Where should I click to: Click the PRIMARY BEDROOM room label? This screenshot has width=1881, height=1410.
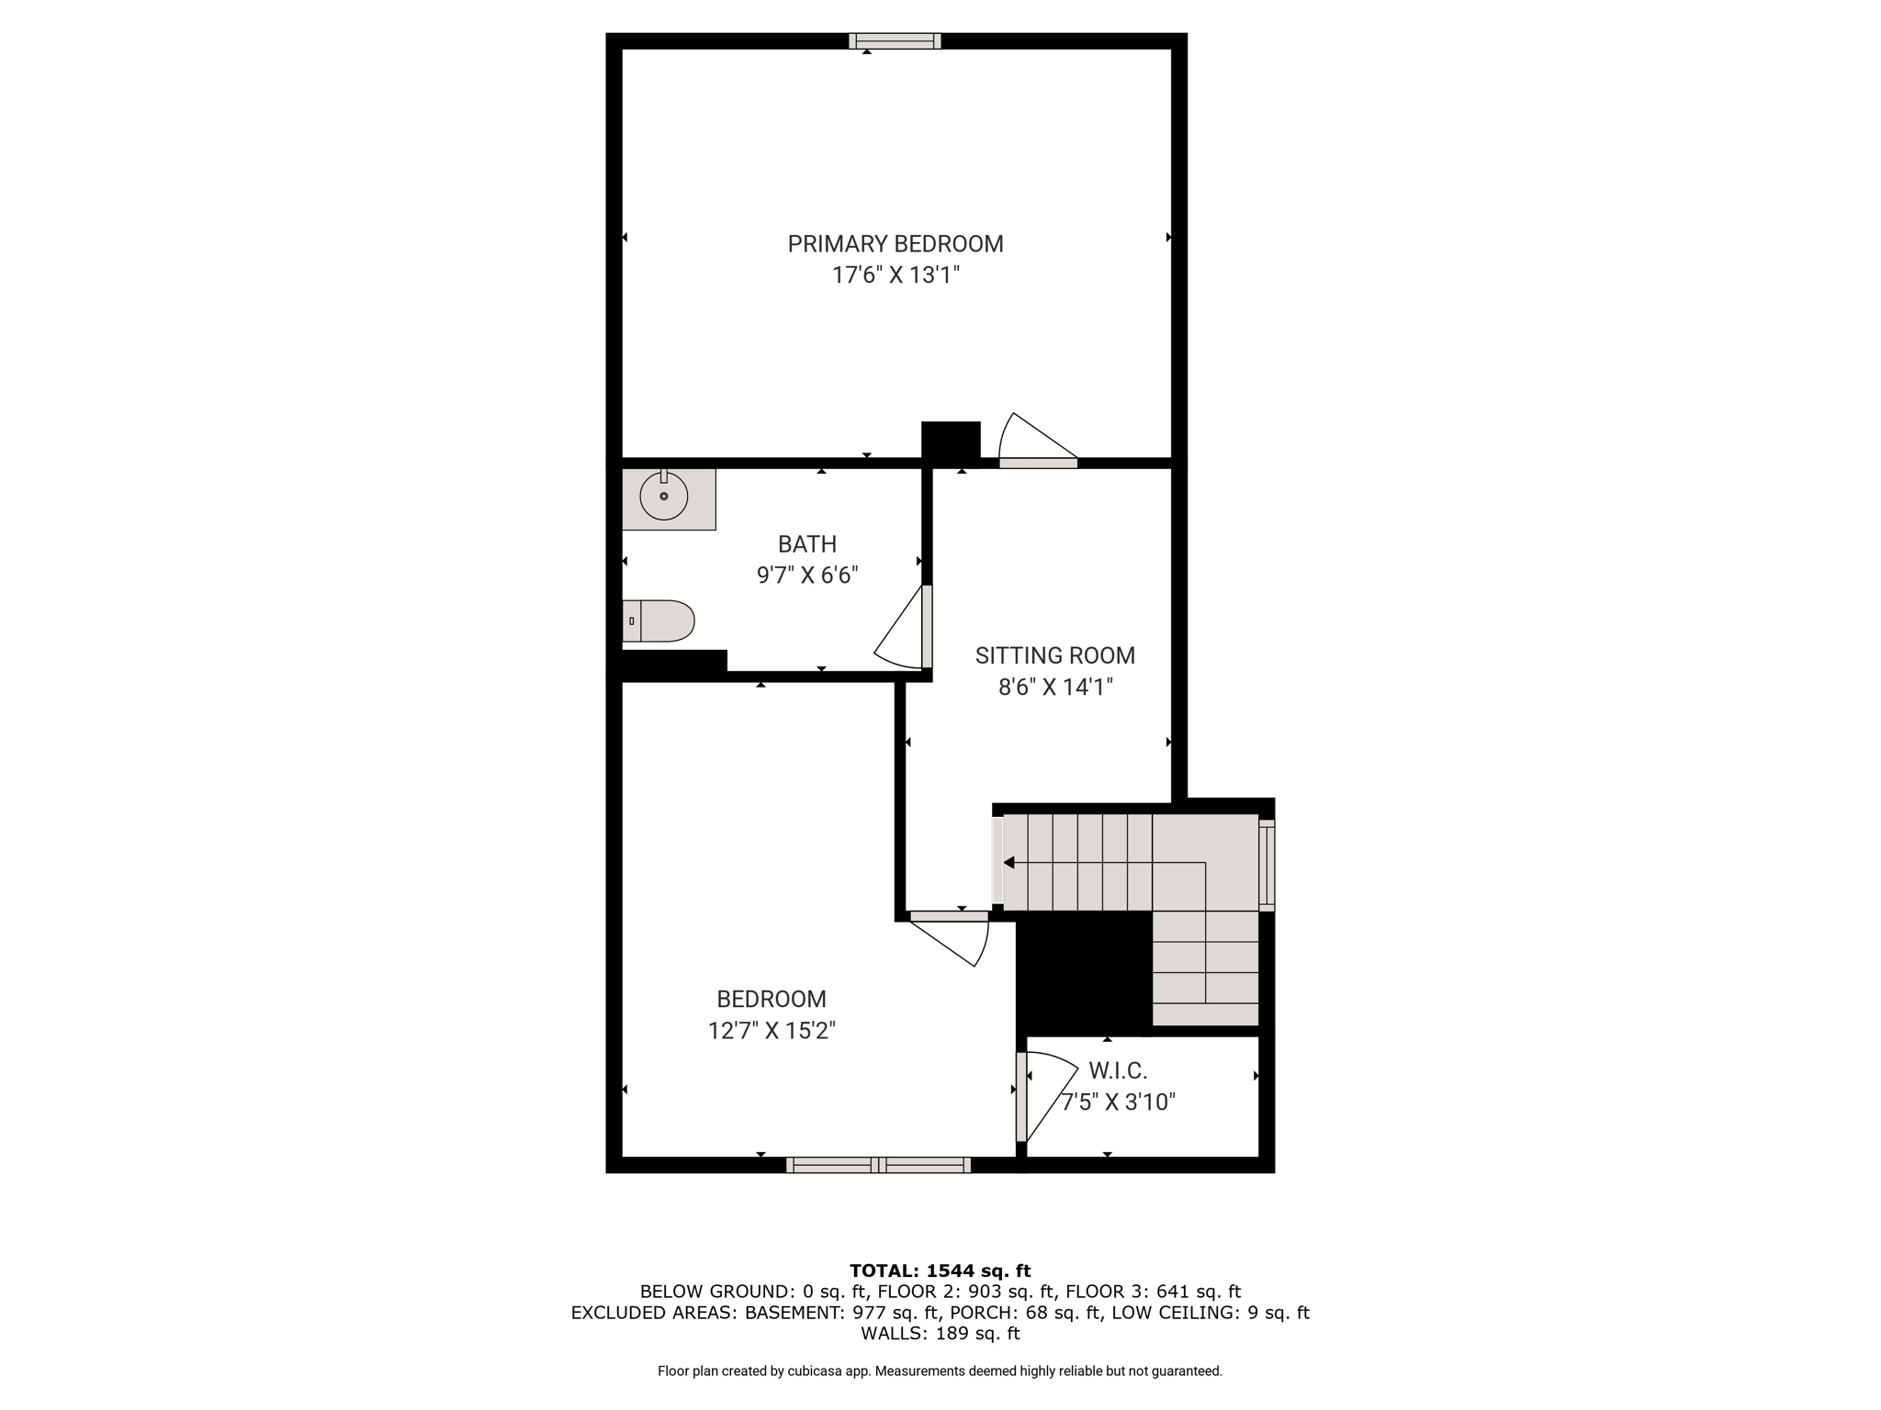895,244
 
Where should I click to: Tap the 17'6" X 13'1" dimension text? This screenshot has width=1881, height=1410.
895,275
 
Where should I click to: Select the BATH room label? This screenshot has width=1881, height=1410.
807,544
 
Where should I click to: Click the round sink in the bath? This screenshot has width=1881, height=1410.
664,497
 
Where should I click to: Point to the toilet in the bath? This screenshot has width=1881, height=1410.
659,621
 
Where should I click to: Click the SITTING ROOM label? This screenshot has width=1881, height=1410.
1055,655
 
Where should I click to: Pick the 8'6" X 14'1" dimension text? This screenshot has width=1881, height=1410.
1055,687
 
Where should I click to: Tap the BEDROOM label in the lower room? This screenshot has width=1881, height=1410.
772,999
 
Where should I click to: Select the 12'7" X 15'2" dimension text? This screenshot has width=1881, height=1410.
772,1031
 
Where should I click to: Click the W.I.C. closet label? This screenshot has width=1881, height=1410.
1118,1070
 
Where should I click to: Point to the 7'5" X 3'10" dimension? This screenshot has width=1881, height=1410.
1119,1102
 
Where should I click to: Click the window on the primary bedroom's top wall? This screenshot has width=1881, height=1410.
895,40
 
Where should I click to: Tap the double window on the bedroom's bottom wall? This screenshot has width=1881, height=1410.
879,1165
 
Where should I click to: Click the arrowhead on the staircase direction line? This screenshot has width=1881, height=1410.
1008,863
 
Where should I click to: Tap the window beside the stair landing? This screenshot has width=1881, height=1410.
1267,865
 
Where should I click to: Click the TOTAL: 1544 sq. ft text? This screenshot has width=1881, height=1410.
940,1271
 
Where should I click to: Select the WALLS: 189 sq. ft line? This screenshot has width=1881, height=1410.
940,1334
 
